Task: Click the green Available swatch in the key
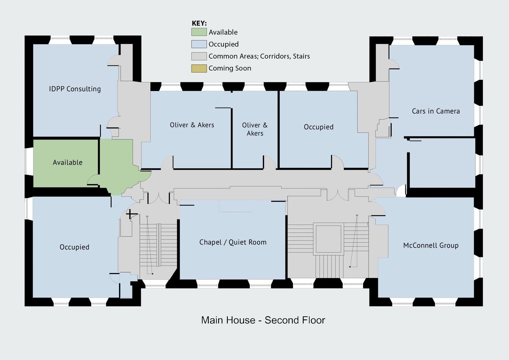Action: tap(199, 32)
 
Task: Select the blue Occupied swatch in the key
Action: tap(199, 44)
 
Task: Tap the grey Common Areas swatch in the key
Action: tap(199, 56)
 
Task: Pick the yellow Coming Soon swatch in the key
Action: tap(199, 68)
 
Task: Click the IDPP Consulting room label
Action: tap(75, 89)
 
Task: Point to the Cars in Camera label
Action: tap(436, 111)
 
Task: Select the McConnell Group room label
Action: tap(431, 245)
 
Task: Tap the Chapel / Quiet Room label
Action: tap(233, 242)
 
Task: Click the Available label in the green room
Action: tap(67, 162)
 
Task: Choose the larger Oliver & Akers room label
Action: tap(192, 125)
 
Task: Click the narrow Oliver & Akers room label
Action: tap(255, 129)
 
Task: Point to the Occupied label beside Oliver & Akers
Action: tap(318, 127)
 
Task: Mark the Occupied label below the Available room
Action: tap(74, 247)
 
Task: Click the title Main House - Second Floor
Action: tap(263, 320)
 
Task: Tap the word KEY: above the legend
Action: tap(199, 23)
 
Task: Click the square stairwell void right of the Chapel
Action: tap(328, 239)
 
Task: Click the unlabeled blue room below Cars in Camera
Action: tap(442, 163)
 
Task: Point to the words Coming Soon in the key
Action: tap(230, 68)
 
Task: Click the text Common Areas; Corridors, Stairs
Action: tap(259, 56)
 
